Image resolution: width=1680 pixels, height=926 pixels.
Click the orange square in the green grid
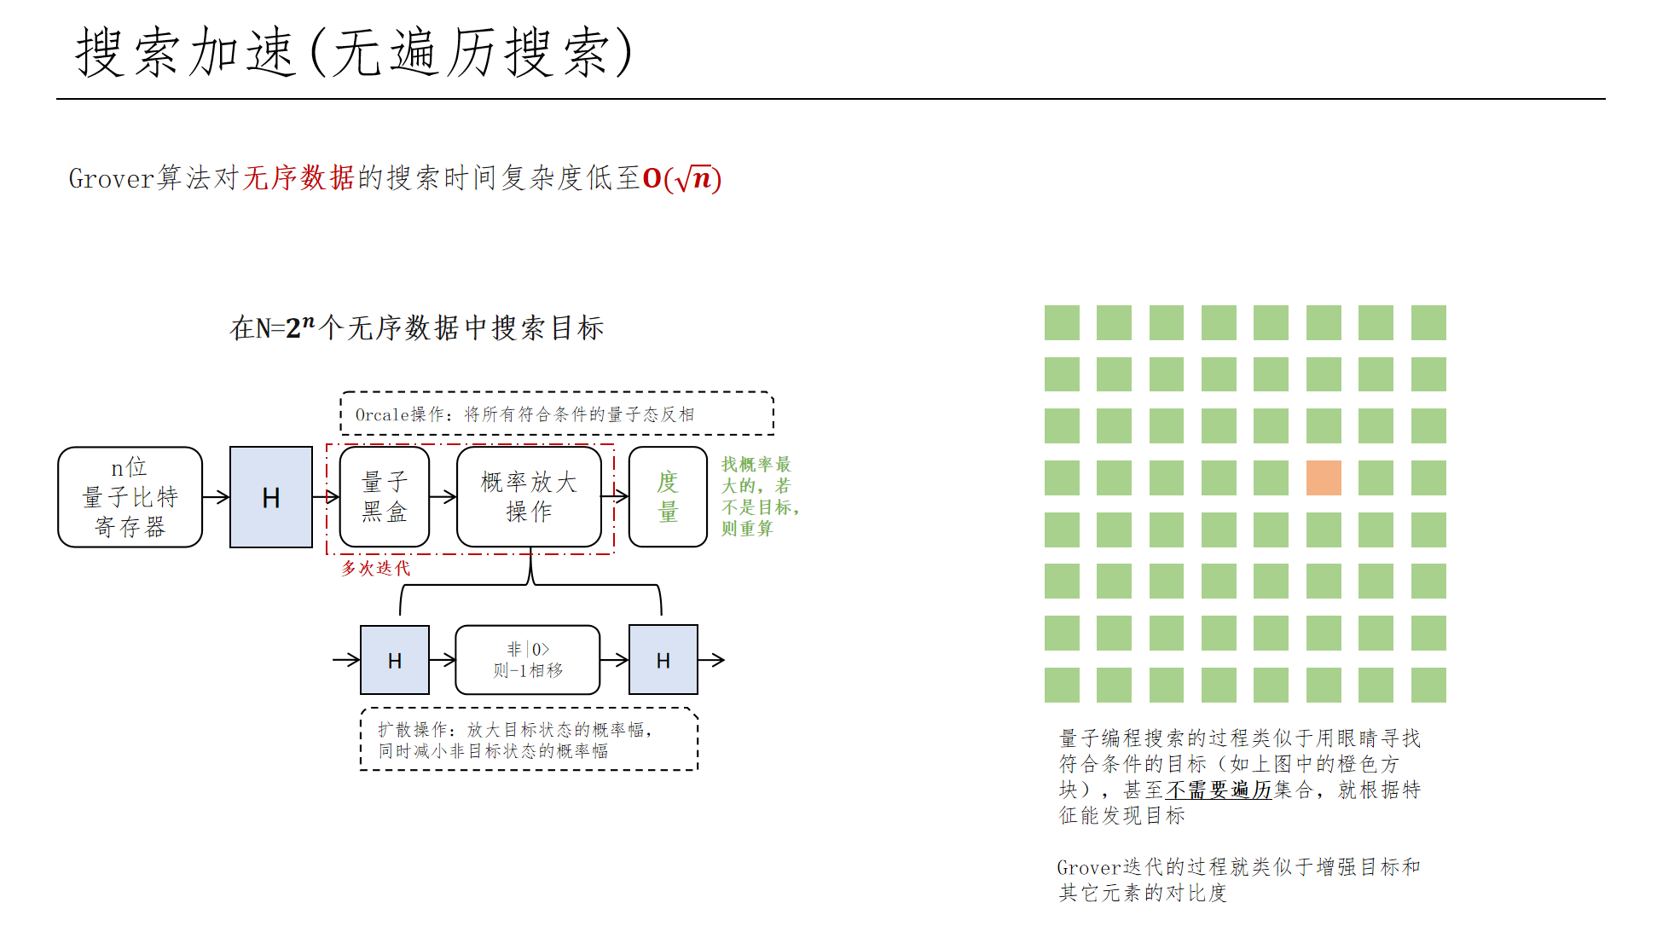(x=1324, y=477)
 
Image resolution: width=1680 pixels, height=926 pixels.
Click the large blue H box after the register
(x=271, y=497)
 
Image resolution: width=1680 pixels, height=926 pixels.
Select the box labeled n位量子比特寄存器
(x=130, y=497)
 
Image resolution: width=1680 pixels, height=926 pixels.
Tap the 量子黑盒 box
(x=384, y=497)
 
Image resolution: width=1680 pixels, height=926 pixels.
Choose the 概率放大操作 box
(x=529, y=497)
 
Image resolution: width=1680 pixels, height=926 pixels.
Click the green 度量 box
(x=668, y=497)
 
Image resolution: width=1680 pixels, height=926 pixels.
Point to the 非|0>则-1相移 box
(x=528, y=660)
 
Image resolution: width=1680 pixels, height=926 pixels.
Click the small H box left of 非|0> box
(x=395, y=660)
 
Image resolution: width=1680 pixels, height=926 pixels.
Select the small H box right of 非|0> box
(x=663, y=660)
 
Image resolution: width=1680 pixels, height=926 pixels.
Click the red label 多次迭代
(x=375, y=568)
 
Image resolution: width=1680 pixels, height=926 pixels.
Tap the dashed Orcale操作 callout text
(x=524, y=414)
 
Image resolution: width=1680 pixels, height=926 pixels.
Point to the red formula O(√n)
(x=682, y=178)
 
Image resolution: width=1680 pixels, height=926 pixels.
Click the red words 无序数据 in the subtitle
(x=298, y=178)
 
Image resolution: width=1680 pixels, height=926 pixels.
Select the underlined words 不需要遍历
(x=1219, y=790)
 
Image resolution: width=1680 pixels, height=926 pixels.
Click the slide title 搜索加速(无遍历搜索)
(x=354, y=53)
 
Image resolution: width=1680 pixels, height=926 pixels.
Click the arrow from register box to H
(x=216, y=497)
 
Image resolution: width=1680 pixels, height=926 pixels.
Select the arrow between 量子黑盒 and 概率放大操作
(x=443, y=497)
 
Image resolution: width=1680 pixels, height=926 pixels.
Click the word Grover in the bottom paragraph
(x=1088, y=868)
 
